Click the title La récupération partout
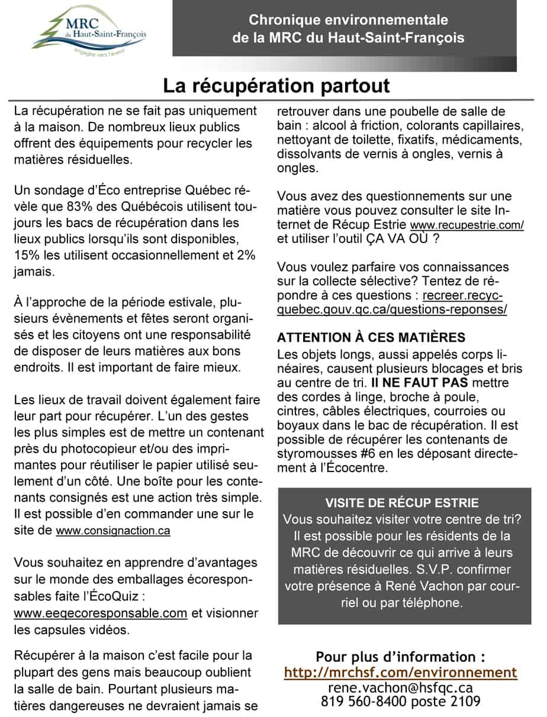pyautogui.click(x=276, y=86)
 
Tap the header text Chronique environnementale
pyautogui.click(x=348, y=20)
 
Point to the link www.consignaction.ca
pyautogui.click(x=113, y=531)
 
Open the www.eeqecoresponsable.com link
pyautogui.click(x=100, y=613)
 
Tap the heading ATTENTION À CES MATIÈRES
pyautogui.click(x=371, y=338)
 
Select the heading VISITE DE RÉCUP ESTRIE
pyautogui.click(x=402, y=503)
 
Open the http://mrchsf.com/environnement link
pyautogui.click(x=401, y=673)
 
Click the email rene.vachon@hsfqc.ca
pyautogui.click(x=401, y=688)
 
